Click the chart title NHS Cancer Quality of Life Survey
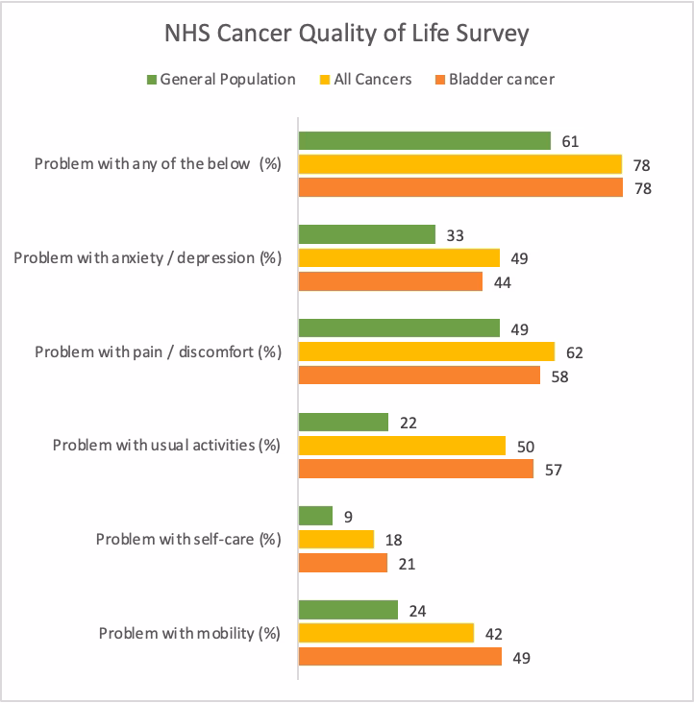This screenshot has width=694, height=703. click(346, 35)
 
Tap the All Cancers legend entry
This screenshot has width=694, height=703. click(363, 80)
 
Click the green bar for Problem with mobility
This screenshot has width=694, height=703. click(348, 610)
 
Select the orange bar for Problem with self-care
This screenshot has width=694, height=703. click(343, 563)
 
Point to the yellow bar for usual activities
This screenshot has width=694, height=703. click(402, 446)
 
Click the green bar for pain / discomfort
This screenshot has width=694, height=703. click(399, 328)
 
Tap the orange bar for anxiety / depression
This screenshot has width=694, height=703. click(390, 281)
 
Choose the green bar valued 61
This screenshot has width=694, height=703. click(425, 141)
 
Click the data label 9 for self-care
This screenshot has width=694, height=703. click(351, 517)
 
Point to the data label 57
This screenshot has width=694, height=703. click(553, 470)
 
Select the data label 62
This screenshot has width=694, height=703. click(574, 352)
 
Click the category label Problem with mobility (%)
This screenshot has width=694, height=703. click(189, 633)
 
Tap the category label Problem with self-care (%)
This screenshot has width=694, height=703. click(187, 539)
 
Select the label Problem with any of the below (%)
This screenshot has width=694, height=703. click(157, 163)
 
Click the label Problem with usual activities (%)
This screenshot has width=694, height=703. click(165, 446)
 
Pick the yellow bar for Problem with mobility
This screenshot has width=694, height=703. click(386, 633)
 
